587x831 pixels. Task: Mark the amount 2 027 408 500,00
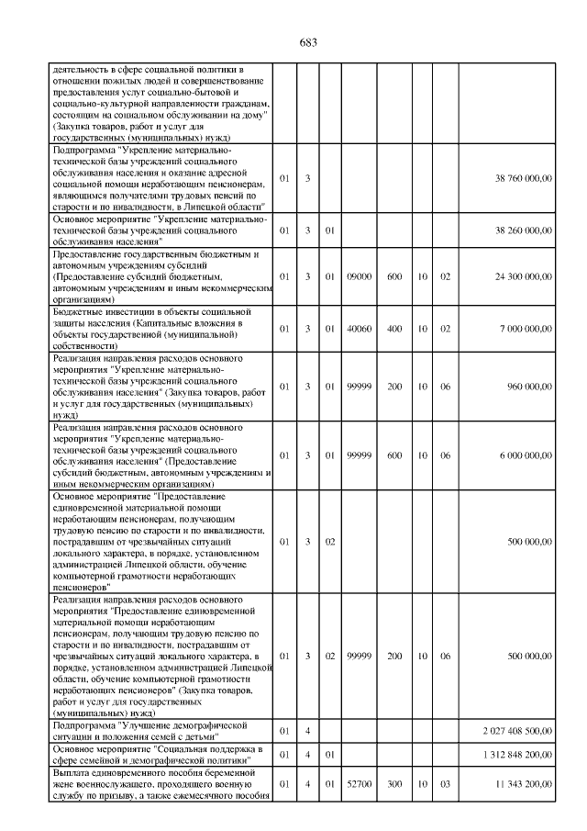(x=517, y=730)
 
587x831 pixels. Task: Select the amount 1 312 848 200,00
(x=517, y=754)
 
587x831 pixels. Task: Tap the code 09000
(x=359, y=275)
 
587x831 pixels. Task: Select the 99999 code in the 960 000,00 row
(x=359, y=386)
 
